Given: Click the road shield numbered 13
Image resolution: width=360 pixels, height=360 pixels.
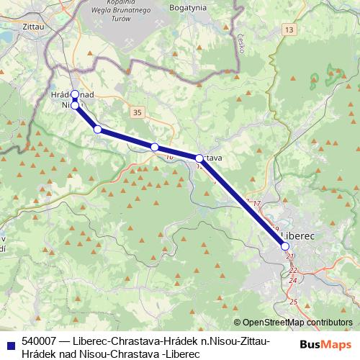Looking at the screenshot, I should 289,29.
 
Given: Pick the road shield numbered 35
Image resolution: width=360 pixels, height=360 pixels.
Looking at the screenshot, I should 138,112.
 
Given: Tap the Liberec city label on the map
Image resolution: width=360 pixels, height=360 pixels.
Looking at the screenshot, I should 297,235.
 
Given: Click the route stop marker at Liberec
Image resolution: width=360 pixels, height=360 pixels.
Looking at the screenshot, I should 285,246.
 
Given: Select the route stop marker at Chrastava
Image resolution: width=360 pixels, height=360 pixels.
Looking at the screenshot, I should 199,158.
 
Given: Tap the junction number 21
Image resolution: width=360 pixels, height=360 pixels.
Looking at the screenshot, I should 289,256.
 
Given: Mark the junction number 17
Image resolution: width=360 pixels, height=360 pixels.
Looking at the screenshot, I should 256,204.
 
